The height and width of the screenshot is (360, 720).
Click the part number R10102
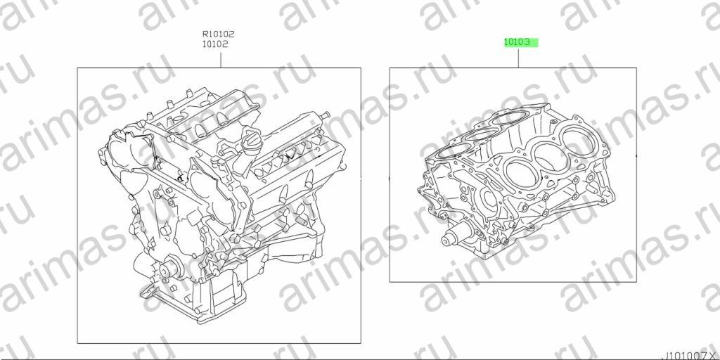pyautogui.click(x=219, y=34)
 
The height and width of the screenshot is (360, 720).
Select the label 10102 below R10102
pyautogui.click(x=215, y=44)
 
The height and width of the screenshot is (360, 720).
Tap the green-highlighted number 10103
pyautogui.click(x=517, y=42)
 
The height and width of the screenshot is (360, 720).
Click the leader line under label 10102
pyautogui.click(x=220, y=60)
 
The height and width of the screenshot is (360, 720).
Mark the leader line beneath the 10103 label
pyautogui.click(x=518, y=58)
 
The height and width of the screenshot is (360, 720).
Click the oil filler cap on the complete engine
pyautogui.click(x=251, y=143)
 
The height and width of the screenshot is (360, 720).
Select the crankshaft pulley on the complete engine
pyautogui.click(x=167, y=269)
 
